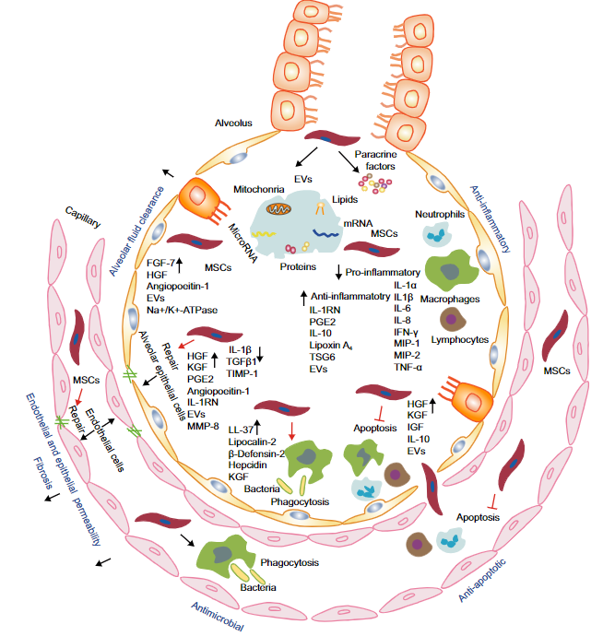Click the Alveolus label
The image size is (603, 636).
click(x=234, y=122)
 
